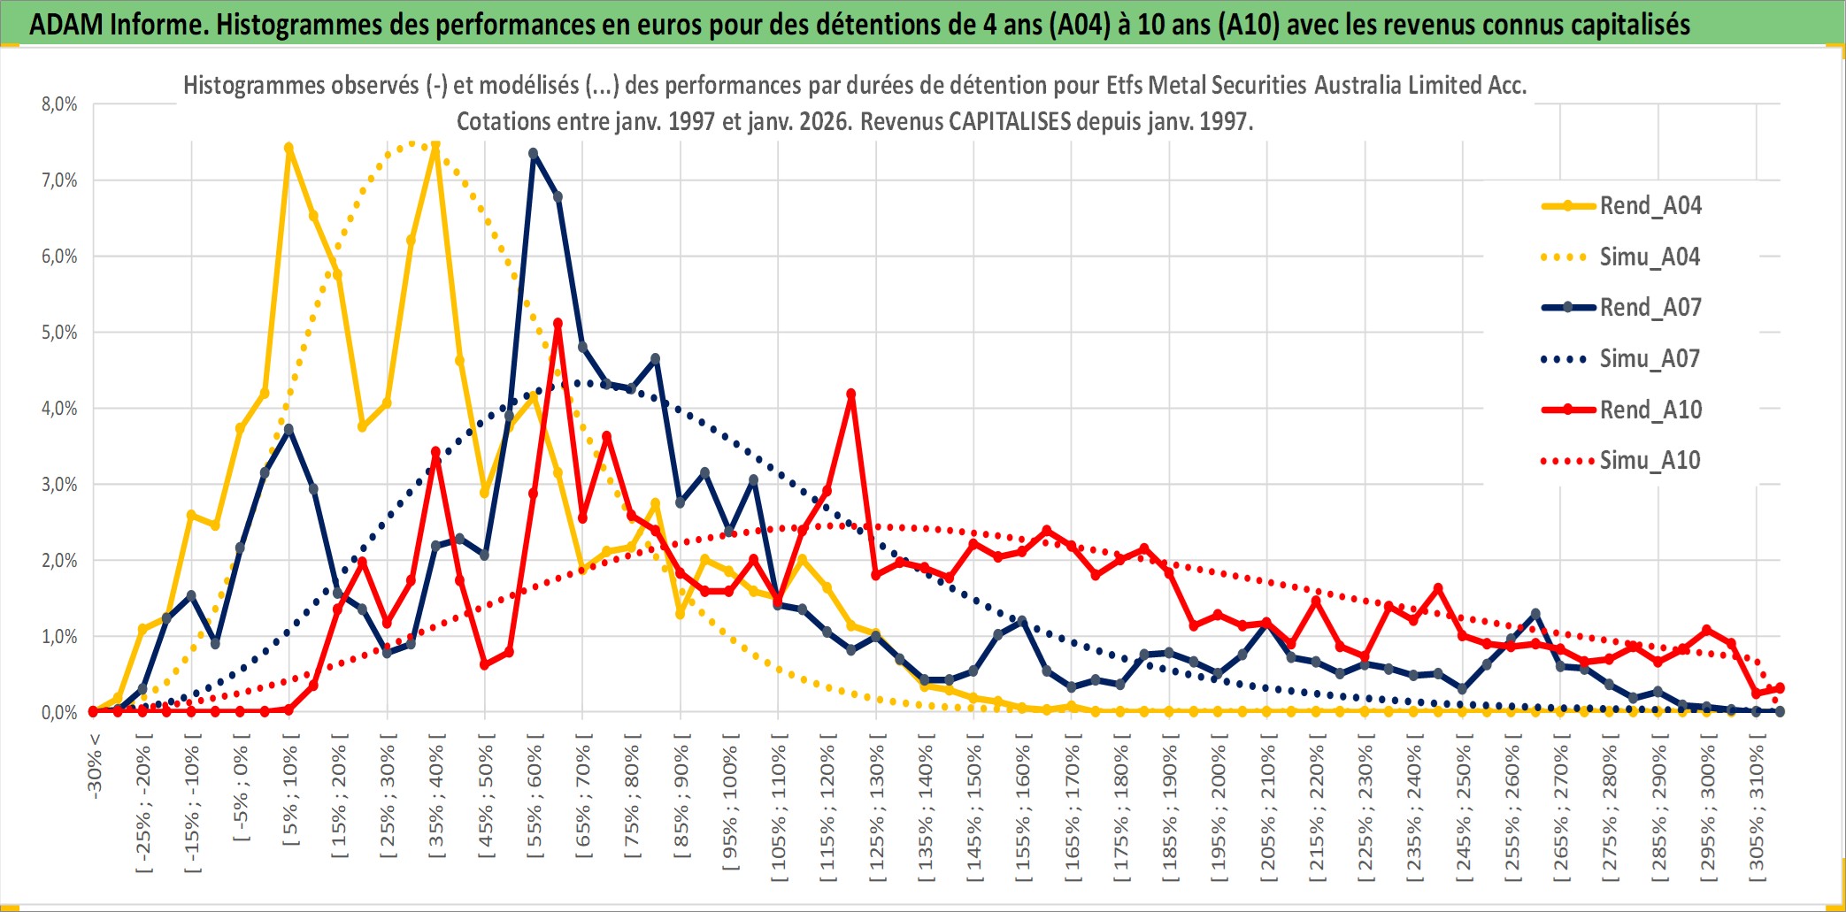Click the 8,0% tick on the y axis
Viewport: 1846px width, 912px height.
pyautogui.click(x=59, y=104)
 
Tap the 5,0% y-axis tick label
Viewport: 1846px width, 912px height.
pyautogui.click(x=59, y=333)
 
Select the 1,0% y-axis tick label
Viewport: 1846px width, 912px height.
pyautogui.click(x=59, y=637)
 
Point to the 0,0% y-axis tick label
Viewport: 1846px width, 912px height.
pyautogui.click(x=59, y=712)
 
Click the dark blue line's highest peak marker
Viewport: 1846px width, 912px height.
pyautogui.click(x=534, y=153)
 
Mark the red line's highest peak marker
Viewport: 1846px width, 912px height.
pyautogui.click(x=558, y=324)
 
